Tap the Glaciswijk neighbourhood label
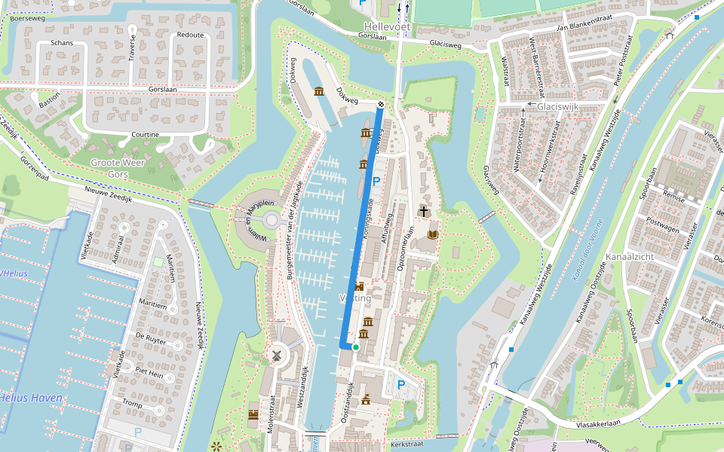(x=557, y=107)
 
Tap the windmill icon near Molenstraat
(x=276, y=355)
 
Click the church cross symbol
(x=425, y=212)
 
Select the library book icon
(x=433, y=235)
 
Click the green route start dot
(x=355, y=347)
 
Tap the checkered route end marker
(x=381, y=104)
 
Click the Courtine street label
(x=145, y=135)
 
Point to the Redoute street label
(x=190, y=35)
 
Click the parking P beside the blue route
(x=376, y=181)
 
